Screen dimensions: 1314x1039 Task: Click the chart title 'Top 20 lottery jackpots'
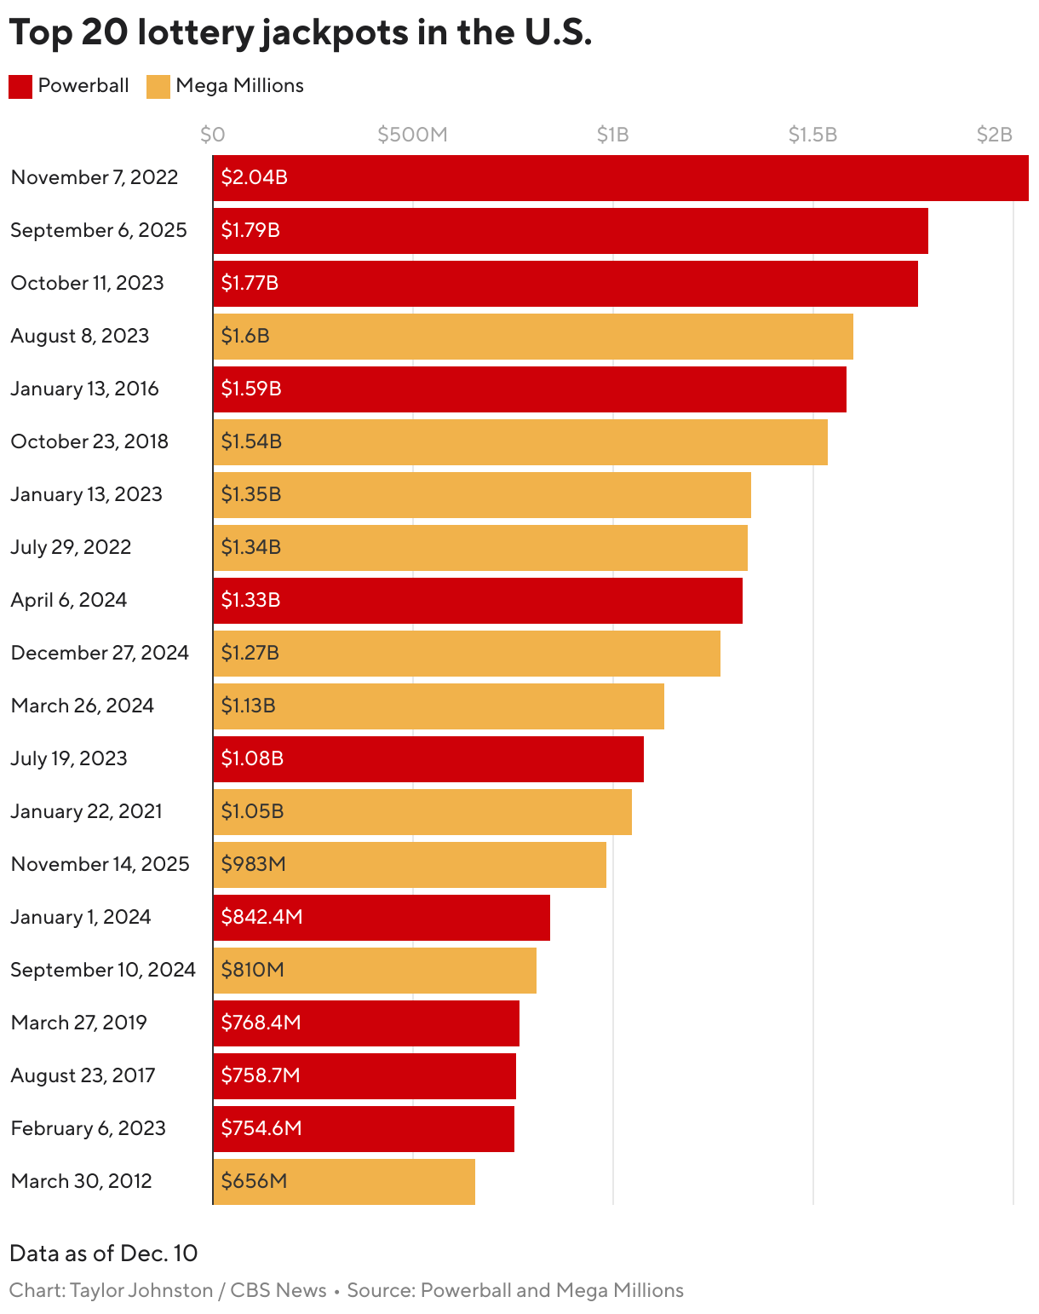pyautogui.click(x=300, y=33)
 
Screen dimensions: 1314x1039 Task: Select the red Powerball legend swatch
pyautogui.click(x=20, y=87)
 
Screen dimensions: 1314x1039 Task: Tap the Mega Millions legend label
pyautogui.click(x=239, y=86)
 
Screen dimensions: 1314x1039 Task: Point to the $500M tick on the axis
pyautogui.click(x=412, y=135)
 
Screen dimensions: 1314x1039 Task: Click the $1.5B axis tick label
pyautogui.click(x=812, y=135)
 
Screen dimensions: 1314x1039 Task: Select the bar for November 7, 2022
pyautogui.click(x=620, y=178)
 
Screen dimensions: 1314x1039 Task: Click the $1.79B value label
pyautogui.click(x=250, y=230)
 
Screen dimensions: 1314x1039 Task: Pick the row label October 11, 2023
pyautogui.click(x=87, y=283)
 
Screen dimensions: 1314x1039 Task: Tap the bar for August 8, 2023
pyautogui.click(x=533, y=337)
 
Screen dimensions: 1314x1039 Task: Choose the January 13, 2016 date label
pyautogui.click(x=84, y=389)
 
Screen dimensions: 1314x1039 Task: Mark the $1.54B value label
pyautogui.click(x=251, y=441)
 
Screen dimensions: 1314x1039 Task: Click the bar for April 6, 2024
pyautogui.click(x=478, y=601)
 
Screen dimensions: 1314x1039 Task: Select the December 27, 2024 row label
pyautogui.click(x=100, y=653)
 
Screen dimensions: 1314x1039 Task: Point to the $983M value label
pyautogui.click(x=253, y=864)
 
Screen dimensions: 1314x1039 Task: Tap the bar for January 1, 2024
pyautogui.click(x=382, y=918)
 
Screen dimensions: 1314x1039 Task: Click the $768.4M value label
pyautogui.click(x=261, y=1023)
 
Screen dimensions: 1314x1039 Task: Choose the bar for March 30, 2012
pyautogui.click(x=344, y=1182)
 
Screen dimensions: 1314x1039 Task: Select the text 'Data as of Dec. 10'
pyautogui.click(x=103, y=1253)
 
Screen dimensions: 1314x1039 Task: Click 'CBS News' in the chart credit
pyautogui.click(x=278, y=1290)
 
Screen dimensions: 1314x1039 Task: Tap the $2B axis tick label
pyautogui.click(x=994, y=135)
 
